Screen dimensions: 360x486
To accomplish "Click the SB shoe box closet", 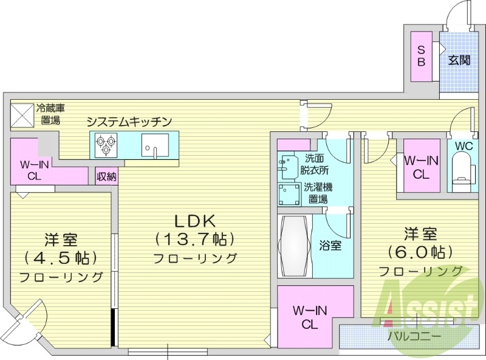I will coord(421,55).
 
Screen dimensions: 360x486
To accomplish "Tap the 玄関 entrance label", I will coord(459,60).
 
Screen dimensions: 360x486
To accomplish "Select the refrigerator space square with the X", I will coord(22,116).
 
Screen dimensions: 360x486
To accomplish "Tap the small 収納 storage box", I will coord(106,177).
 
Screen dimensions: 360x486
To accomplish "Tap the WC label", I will coord(464,147).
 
